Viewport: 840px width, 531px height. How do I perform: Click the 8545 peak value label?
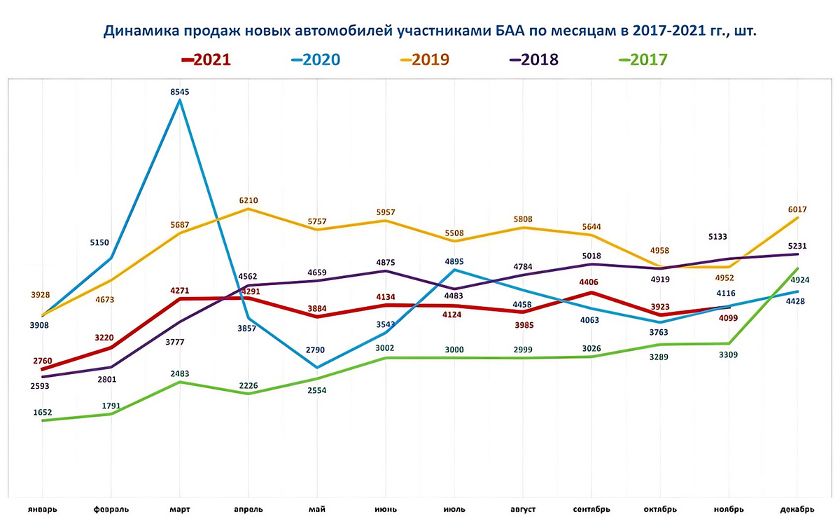[180, 92]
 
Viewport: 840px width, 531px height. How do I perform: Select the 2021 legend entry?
[206, 59]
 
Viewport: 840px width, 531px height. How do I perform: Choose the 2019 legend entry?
[425, 59]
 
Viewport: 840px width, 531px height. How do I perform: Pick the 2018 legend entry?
[533, 59]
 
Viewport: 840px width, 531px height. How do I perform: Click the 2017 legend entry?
[643, 59]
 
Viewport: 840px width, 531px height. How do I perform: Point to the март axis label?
[180, 509]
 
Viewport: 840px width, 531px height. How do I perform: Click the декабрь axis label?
[797, 509]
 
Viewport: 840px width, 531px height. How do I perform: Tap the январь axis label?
[43, 509]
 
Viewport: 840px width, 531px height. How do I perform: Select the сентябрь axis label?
[591, 509]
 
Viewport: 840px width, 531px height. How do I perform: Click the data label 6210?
[248, 200]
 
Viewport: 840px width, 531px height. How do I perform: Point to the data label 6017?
[798, 208]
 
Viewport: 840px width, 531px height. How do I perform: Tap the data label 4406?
[591, 282]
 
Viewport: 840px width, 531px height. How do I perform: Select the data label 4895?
[454, 261]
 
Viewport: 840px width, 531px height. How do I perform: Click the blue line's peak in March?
[181, 100]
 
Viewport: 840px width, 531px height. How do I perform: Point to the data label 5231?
[798, 246]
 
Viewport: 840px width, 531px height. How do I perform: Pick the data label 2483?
[180, 373]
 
